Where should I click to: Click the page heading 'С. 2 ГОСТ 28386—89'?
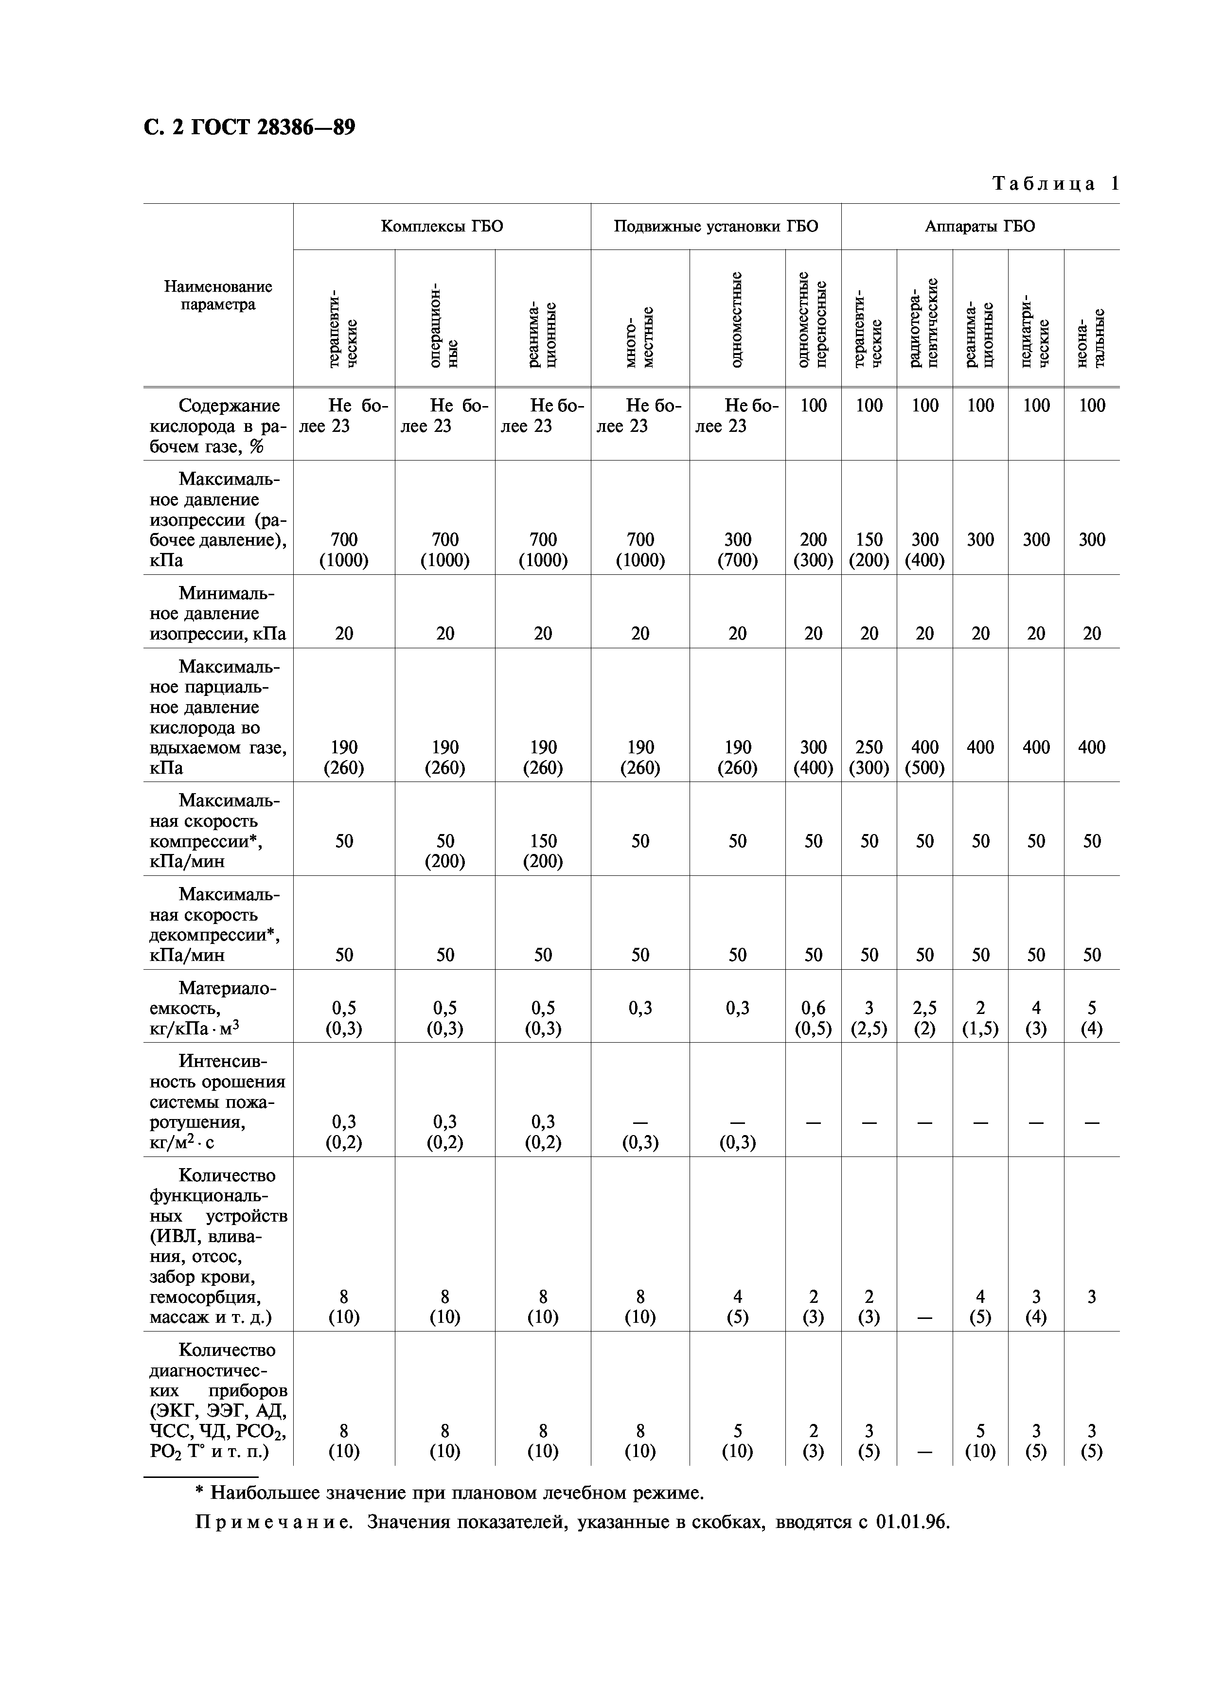point(249,128)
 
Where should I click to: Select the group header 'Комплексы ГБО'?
point(442,226)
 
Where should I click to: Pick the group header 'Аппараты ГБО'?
point(979,226)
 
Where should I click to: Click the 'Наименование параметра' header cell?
point(218,295)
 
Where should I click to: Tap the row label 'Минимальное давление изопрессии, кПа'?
point(218,613)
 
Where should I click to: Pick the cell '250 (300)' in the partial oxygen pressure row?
point(869,757)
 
